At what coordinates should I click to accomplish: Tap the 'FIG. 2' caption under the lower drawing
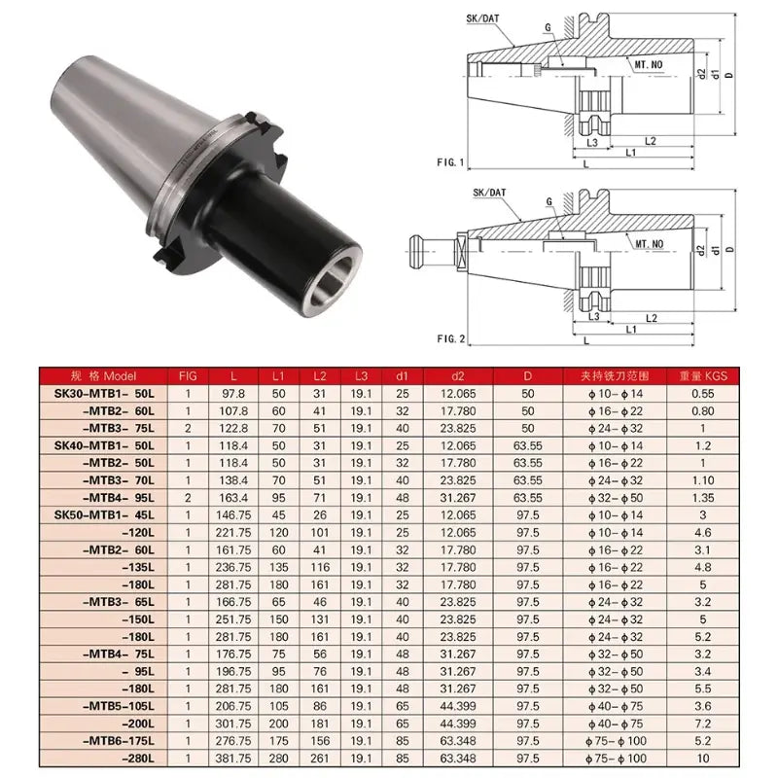pyautogui.click(x=452, y=338)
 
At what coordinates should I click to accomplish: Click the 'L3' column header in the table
pyautogui.click(x=361, y=375)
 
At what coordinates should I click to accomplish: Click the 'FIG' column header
pyautogui.click(x=188, y=375)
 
